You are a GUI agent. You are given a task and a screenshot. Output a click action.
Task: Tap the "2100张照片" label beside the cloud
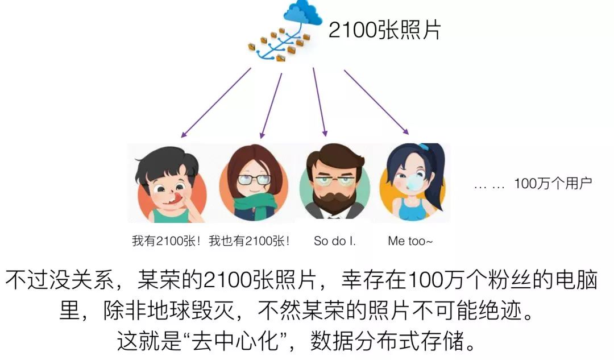pos(384,30)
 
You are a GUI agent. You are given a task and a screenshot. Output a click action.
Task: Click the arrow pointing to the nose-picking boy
pos(216,102)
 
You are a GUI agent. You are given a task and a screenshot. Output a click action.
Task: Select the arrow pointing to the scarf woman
pos(271,106)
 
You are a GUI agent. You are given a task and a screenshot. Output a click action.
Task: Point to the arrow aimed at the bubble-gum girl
pos(376,102)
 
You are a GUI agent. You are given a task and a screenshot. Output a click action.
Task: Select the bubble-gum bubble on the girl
pos(414,182)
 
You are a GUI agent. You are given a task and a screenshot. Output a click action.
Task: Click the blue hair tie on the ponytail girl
pos(424,147)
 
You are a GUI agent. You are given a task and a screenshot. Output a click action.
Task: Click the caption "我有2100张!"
pos(166,241)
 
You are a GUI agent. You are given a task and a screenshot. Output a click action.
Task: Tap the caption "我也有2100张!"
pos(249,241)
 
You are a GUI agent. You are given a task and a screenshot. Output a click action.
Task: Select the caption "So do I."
pos(335,241)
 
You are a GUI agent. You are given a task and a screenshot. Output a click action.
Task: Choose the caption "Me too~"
pos(410,241)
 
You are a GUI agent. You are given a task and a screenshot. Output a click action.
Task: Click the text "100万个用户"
pos(553,183)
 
